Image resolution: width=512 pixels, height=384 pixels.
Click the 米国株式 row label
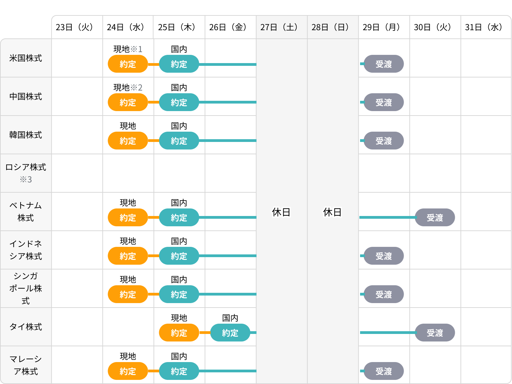click(26, 58)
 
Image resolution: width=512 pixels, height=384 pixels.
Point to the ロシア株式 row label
click(26, 173)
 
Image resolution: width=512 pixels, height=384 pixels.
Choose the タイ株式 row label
click(26, 327)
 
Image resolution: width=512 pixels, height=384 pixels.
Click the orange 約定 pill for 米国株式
click(128, 64)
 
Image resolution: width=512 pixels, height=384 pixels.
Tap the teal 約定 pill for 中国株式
click(179, 103)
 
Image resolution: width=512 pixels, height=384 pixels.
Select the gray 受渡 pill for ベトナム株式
click(435, 218)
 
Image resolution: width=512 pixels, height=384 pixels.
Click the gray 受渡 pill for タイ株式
click(435, 333)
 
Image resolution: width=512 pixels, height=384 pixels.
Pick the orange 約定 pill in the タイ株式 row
click(179, 333)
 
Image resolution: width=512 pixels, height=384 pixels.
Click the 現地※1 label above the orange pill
click(128, 49)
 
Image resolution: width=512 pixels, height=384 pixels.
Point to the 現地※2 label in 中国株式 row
click(128, 87)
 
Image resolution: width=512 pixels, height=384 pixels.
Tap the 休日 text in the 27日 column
click(281, 212)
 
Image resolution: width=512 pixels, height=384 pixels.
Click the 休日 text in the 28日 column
click(332, 212)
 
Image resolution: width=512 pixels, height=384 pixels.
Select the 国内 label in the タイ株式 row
click(230, 318)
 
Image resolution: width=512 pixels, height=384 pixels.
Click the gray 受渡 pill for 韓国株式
click(384, 141)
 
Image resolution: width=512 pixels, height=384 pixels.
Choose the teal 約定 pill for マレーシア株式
click(179, 371)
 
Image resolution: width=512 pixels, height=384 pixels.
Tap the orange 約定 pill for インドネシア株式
click(128, 256)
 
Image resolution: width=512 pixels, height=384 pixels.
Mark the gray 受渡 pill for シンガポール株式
click(384, 295)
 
